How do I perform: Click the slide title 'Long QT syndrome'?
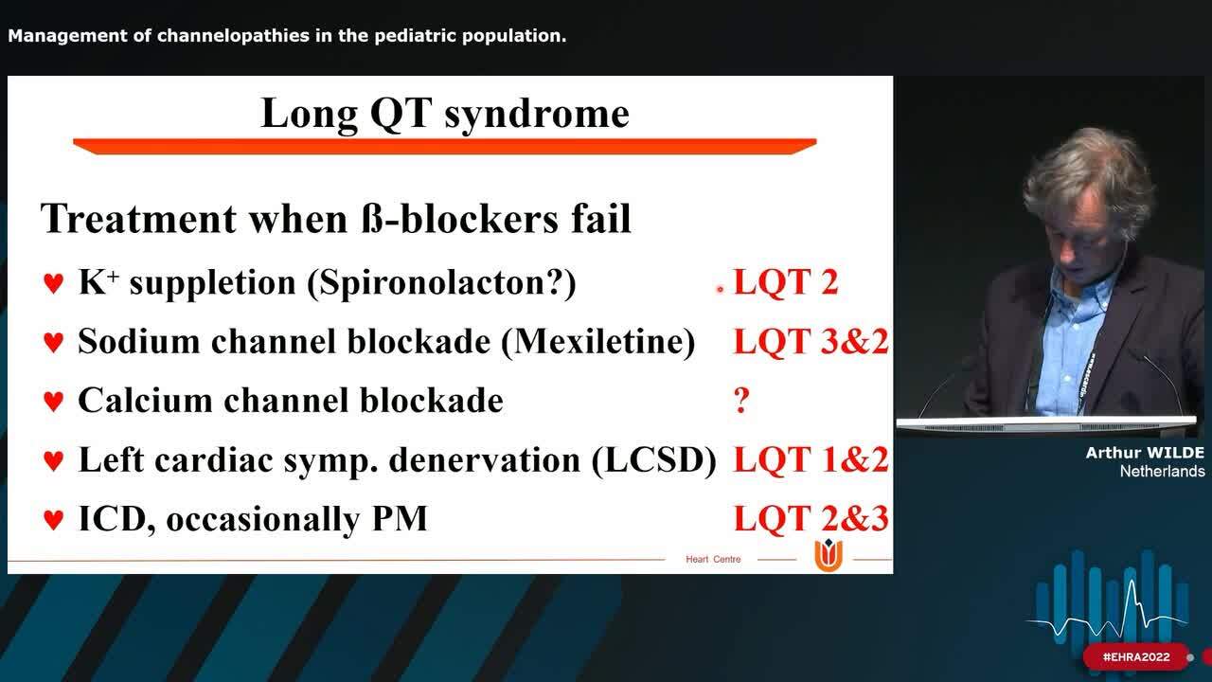pyautogui.click(x=444, y=113)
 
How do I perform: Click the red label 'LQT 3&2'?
pyautogui.click(x=811, y=341)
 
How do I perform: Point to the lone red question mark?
pyautogui.click(x=741, y=401)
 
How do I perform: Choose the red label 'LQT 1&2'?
pyautogui.click(x=811, y=459)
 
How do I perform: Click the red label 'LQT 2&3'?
pyautogui.click(x=811, y=518)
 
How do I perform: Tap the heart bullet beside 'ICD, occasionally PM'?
pyautogui.click(x=54, y=519)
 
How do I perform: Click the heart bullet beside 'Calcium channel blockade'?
pyautogui.click(x=54, y=402)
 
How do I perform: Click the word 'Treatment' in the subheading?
pyautogui.click(x=138, y=219)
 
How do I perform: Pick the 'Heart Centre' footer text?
pyautogui.click(x=713, y=559)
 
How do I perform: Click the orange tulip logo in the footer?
pyautogui.click(x=828, y=556)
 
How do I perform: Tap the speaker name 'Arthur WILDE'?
pyautogui.click(x=1145, y=453)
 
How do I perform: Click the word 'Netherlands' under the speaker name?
pyautogui.click(x=1162, y=471)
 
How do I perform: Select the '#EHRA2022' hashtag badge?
pyautogui.click(x=1136, y=656)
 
